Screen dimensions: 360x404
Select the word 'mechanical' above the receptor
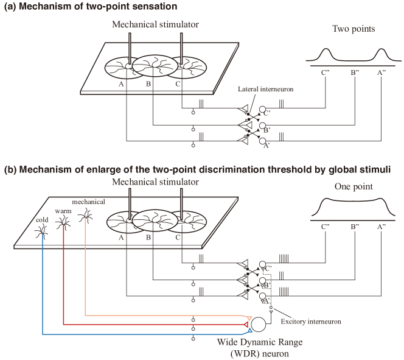tap(88, 201)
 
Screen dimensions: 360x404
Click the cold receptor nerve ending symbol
tap(43, 232)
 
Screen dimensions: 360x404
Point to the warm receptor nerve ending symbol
tap(63, 224)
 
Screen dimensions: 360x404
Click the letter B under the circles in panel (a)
tap(148, 85)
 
